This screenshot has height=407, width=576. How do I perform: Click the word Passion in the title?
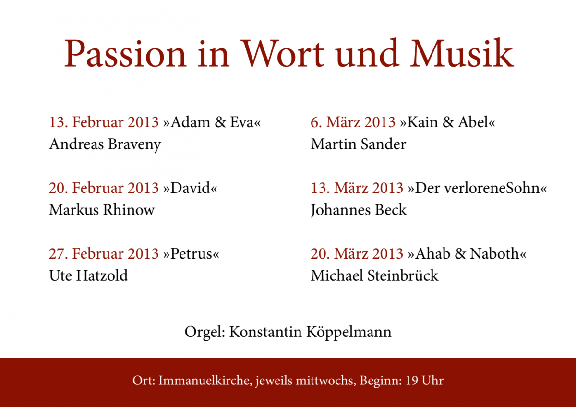tap(125, 53)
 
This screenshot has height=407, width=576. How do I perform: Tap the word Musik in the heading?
tap(462, 53)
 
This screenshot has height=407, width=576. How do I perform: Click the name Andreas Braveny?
tap(105, 144)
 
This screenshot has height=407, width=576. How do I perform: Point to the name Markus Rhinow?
tap(102, 210)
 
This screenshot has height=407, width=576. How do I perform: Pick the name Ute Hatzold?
tap(88, 275)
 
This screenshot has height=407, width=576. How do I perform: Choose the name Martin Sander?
tap(359, 144)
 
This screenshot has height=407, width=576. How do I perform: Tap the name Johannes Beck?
tap(359, 210)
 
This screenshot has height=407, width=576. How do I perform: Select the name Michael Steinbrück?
tap(374, 275)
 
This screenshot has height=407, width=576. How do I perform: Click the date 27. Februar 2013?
tap(104, 253)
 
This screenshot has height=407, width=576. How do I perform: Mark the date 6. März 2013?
tap(353, 122)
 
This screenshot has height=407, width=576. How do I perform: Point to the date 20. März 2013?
tap(357, 253)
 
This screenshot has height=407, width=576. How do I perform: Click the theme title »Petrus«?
tap(191, 253)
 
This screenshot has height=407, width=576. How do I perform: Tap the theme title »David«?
tap(190, 188)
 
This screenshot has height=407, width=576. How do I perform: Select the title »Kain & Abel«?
tap(447, 122)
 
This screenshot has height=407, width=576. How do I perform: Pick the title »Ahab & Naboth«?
tap(467, 253)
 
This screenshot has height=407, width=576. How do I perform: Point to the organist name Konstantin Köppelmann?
tap(311, 332)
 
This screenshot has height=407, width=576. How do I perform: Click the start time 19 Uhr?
tap(424, 381)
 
